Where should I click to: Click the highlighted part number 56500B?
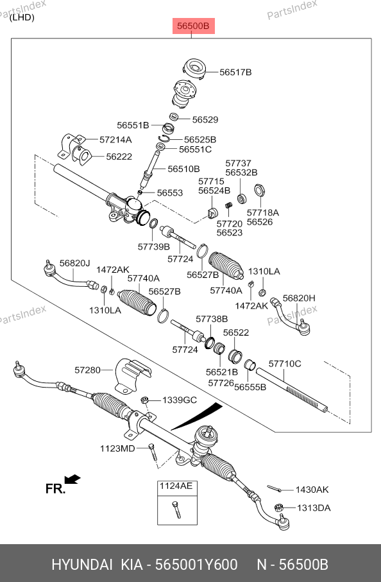point(193,26)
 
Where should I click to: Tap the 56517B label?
point(235,72)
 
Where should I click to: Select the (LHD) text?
point(22,17)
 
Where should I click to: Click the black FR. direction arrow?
point(72,479)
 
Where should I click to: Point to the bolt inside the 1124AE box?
point(176,509)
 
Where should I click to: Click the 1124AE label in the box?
point(176,486)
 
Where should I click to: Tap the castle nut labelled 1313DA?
point(279,507)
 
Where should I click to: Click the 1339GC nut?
point(145,400)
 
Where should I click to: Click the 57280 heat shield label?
point(87,370)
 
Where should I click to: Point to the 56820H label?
point(299,298)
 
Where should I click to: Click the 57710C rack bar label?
point(285,364)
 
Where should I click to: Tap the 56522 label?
point(236,332)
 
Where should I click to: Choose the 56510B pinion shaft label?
point(183,169)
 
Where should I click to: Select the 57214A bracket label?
point(115,140)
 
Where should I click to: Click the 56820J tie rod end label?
point(75,263)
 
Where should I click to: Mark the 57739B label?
point(153,247)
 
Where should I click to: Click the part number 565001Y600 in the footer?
point(196,565)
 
